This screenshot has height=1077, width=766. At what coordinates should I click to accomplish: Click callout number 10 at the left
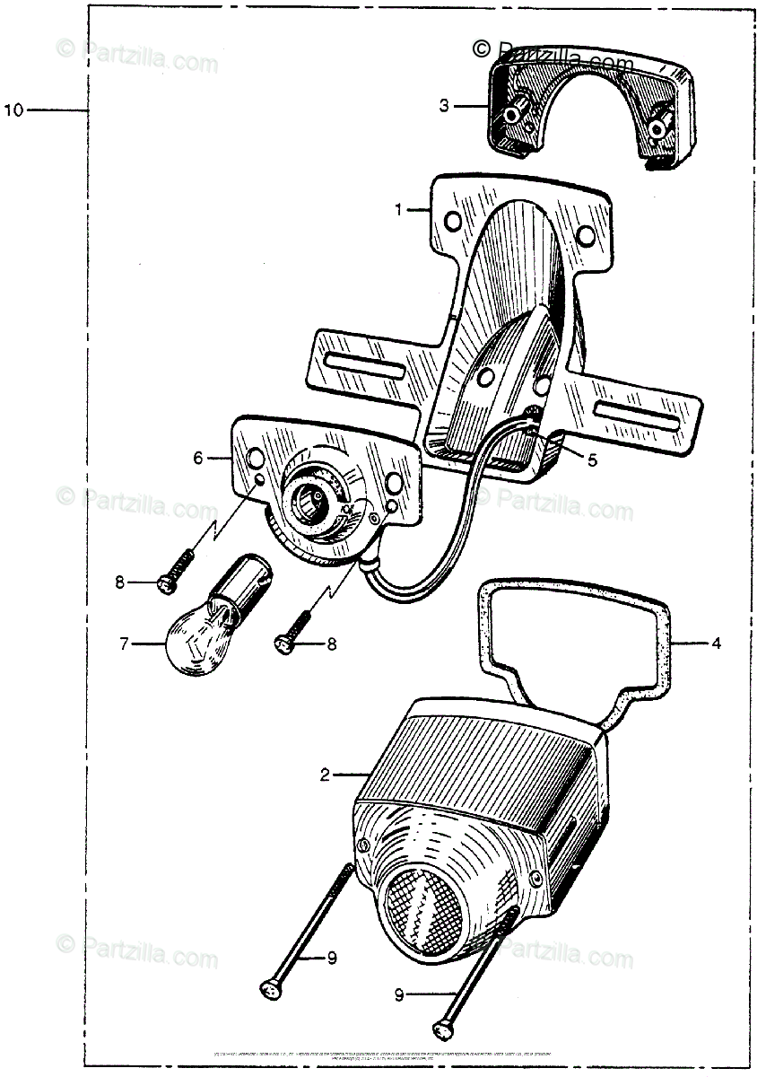coord(13,110)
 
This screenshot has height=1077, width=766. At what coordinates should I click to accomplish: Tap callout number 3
coord(444,106)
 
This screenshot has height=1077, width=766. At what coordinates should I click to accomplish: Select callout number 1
coord(398,209)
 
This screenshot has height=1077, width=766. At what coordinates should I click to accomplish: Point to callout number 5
coord(591,460)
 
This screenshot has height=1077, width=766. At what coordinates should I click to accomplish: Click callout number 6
coord(198,458)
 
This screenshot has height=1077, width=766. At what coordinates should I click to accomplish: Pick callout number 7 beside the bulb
coord(125,643)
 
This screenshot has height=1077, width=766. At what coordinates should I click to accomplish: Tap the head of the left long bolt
coord(267,987)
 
